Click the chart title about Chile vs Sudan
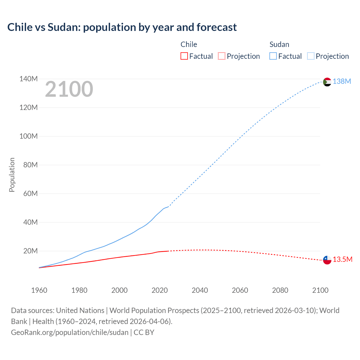click(122, 27)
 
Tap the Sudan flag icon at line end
click(327, 82)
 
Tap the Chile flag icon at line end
click(327, 260)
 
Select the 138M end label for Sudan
click(342, 82)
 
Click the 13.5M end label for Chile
click(342, 260)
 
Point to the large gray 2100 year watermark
click(69, 89)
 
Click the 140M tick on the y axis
click(28, 79)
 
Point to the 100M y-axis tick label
click(28, 136)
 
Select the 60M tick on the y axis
click(30, 194)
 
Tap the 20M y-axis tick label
click(30, 251)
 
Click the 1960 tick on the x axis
click(39, 290)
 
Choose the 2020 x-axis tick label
click(159, 290)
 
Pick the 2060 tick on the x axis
click(240, 290)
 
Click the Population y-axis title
click(12, 175)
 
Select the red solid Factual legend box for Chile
click(184, 56)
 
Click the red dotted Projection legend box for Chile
click(222, 56)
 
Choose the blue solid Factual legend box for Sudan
click(273, 56)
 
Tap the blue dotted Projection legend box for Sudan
click(311, 56)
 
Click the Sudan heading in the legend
click(279, 44)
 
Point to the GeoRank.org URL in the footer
click(69, 332)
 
